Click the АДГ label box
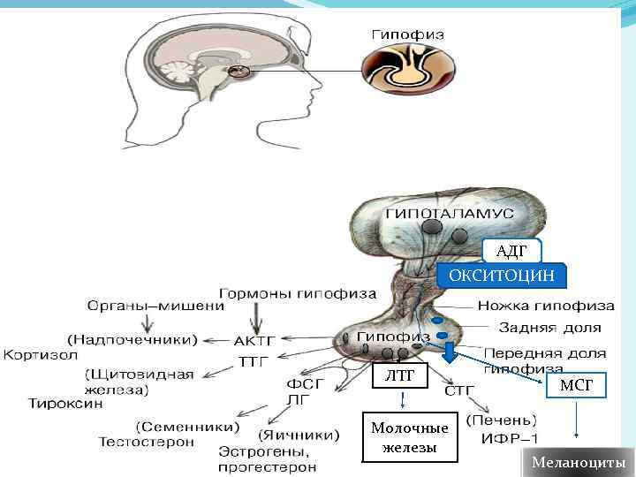(511, 252)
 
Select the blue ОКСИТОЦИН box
(502, 276)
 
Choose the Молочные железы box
(409, 437)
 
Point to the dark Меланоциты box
(578, 463)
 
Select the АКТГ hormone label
(255, 339)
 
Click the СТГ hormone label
(458, 390)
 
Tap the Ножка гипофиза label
(546, 307)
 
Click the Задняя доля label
(549, 328)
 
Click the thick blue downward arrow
(449, 352)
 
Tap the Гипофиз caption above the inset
(406, 34)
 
